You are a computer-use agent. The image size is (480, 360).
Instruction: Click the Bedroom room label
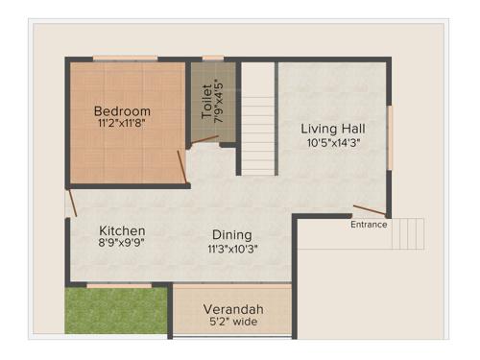[x=124, y=111]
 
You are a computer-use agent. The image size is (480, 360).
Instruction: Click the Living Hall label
[x=331, y=129]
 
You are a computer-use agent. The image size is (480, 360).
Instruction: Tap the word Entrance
[x=369, y=225]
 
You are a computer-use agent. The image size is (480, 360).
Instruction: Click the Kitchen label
[x=123, y=231]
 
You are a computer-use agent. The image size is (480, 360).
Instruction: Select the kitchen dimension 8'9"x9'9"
[x=123, y=245]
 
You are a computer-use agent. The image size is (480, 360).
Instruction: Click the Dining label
[x=232, y=235]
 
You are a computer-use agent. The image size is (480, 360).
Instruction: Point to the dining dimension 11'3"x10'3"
[x=232, y=249]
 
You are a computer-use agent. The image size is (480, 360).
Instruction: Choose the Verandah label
[x=231, y=309]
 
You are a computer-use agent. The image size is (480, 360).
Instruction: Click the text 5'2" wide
[x=231, y=323]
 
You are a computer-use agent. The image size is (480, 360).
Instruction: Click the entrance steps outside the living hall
[x=407, y=232]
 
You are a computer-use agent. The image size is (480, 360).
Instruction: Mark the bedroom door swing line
[x=182, y=165]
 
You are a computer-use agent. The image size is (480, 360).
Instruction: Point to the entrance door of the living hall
[x=370, y=210]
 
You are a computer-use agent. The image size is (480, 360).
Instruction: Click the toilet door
[x=204, y=139]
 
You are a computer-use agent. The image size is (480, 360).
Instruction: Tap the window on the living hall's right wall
[x=390, y=135]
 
